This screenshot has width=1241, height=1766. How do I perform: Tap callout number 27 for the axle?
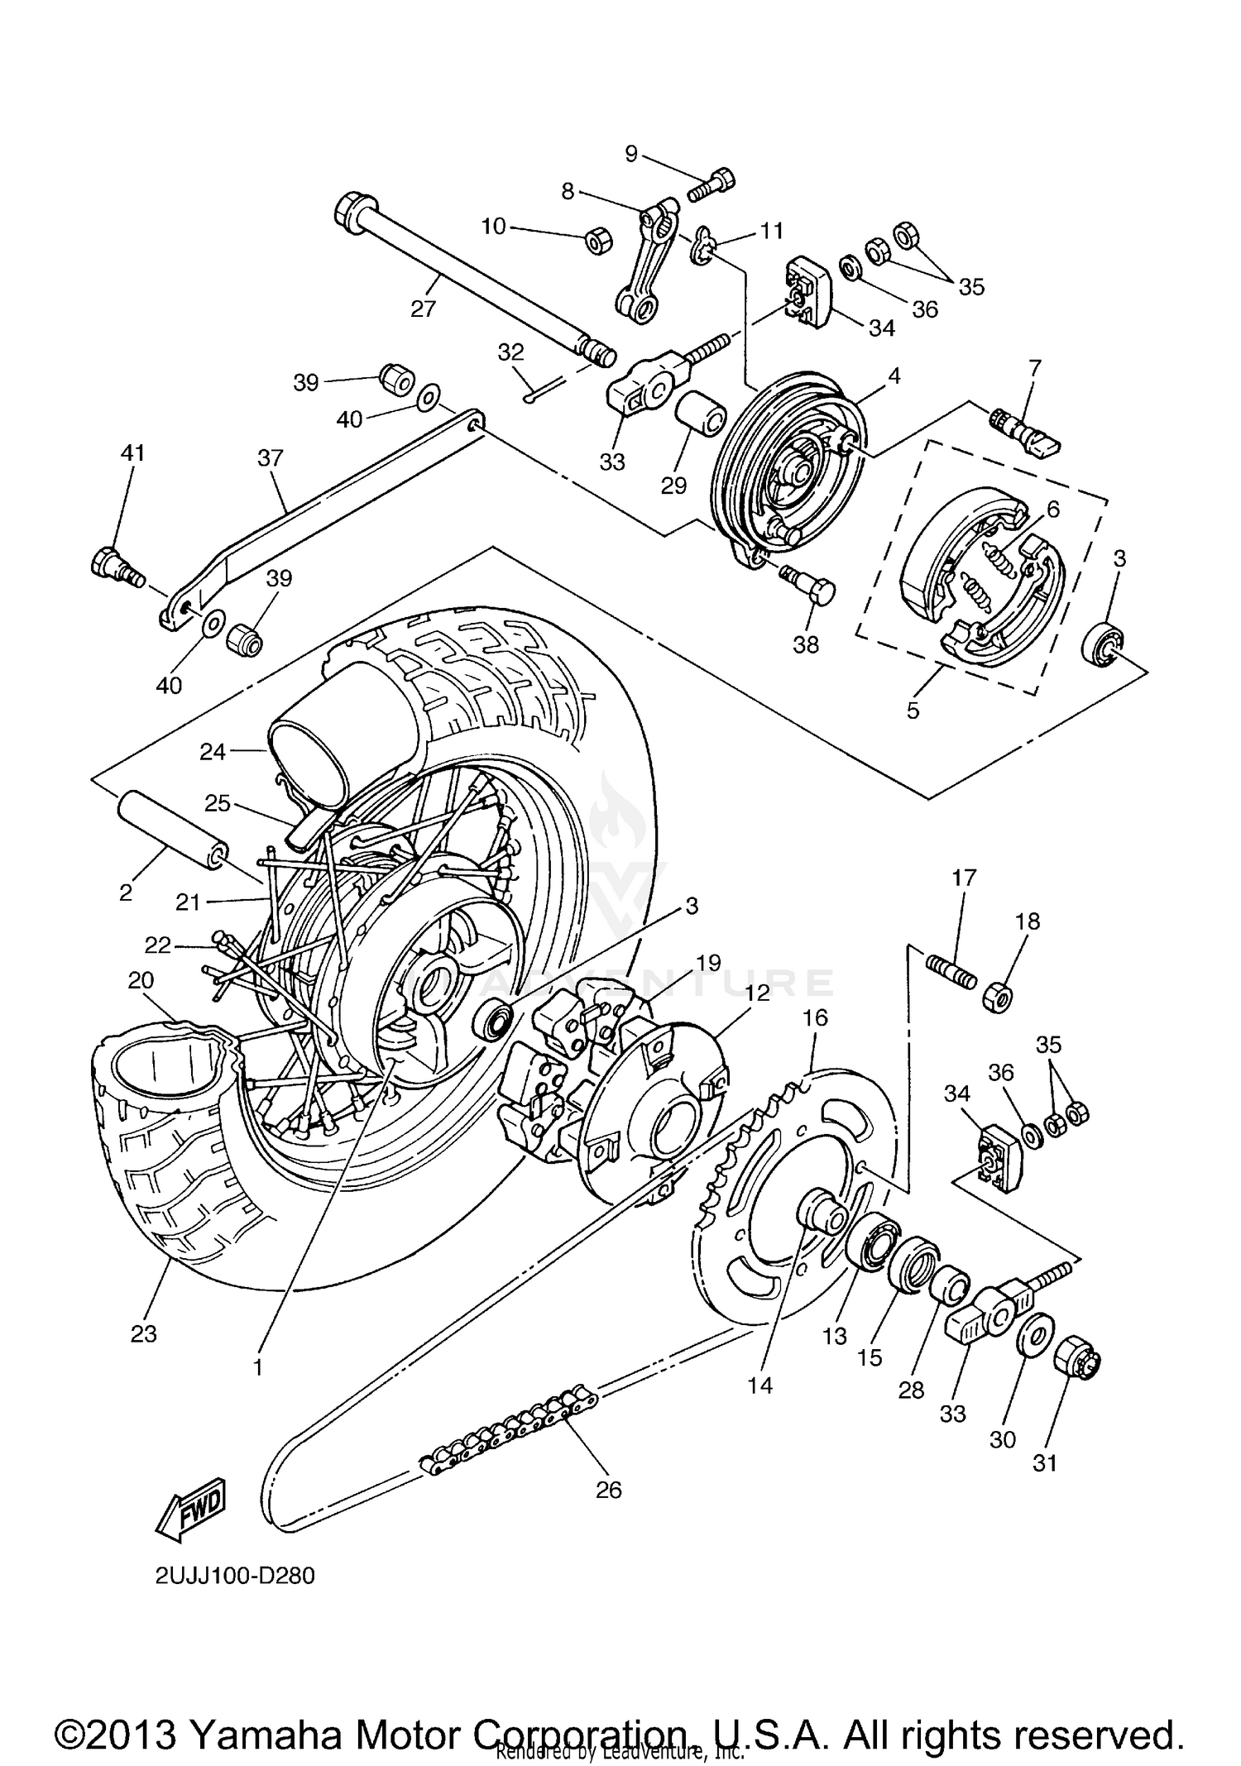coord(423,309)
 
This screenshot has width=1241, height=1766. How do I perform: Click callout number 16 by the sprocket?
coord(815,1017)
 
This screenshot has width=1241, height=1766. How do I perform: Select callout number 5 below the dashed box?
coord(913,710)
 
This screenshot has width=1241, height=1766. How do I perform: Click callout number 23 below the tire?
coord(143,1333)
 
